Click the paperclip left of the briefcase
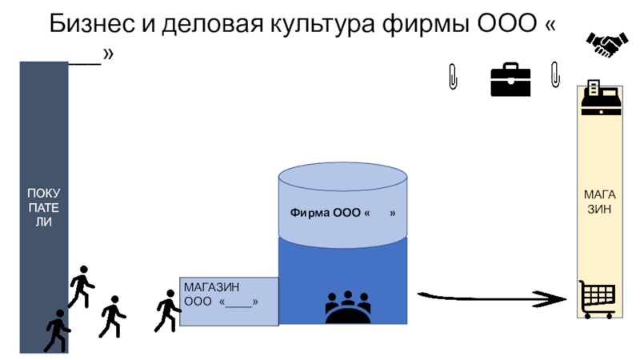coord(454,77)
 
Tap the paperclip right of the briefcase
coord(555,74)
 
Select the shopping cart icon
coord(597,298)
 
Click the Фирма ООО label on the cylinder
coord(342,214)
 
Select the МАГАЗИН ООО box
coord(229,301)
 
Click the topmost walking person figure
coord(81,286)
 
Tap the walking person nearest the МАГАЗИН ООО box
coord(167,310)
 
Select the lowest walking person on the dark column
coord(57,330)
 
